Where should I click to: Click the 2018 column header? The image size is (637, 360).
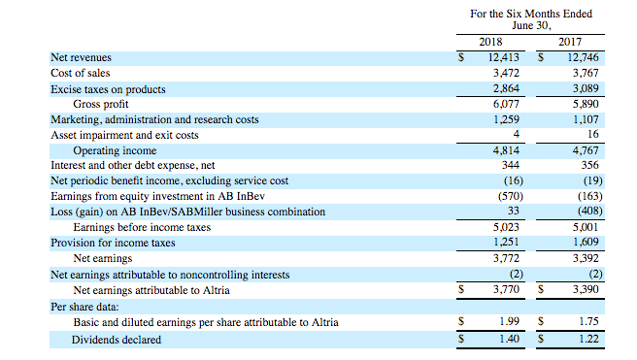tap(490, 42)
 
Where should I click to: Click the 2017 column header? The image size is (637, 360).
tap(570, 42)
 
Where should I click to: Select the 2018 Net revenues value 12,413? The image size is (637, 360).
tap(503, 57)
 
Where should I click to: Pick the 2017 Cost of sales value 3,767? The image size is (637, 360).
tap(586, 73)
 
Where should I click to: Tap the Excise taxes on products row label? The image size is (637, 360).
tap(108, 89)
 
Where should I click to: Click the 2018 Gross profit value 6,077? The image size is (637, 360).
tap(506, 104)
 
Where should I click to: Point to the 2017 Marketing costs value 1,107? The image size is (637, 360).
tap(586, 119)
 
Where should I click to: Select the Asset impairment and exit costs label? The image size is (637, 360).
tap(124, 135)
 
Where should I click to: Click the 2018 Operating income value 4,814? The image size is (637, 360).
tap(506, 150)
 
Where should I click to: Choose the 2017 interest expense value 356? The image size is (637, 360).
tap(589, 165)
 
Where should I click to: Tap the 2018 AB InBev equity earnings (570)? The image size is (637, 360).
tap(511, 196)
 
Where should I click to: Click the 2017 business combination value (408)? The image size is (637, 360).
tap(589, 211)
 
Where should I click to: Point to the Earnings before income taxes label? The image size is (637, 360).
tap(142, 227)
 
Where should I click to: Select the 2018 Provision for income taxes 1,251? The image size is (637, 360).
tap(506, 243)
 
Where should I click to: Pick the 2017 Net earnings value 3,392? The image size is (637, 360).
tap(586, 258)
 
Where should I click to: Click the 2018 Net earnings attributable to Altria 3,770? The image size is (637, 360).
tap(506, 289)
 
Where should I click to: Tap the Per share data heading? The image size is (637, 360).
tap(84, 307)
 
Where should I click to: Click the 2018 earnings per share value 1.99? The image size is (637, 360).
tap(509, 321)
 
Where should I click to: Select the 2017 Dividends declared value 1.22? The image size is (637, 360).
tap(588, 339)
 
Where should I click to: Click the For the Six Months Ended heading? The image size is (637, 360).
tap(531, 15)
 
